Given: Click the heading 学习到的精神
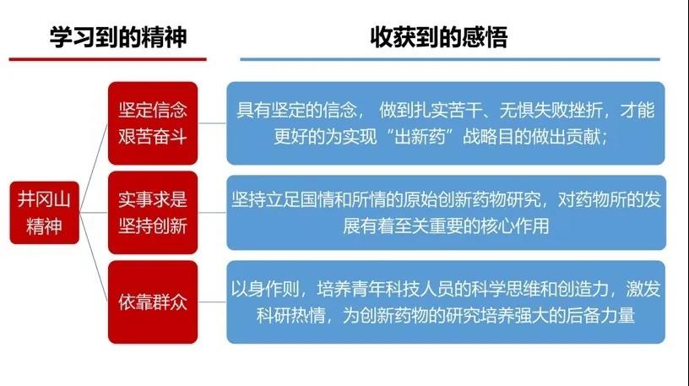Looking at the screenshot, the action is click(x=118, y=37).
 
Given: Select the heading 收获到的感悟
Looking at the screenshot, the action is click(x=439, y=37).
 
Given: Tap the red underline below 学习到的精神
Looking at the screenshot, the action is click(x=108, y=59).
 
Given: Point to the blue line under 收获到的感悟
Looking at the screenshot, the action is click(x=450, y=59).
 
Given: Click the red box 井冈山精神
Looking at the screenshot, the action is click(x=45, y=212).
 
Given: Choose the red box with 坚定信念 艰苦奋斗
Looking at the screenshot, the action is click(x=153, y=123).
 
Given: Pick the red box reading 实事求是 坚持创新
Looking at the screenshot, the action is click(x=153, y=213).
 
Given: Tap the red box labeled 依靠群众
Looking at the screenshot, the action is click(x=153, y=302).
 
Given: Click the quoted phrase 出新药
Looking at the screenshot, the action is click(x=420, y=137).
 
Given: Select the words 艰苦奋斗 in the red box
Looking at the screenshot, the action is click(x=153, y=136).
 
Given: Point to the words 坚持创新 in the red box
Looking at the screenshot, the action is click(x=153, y=226).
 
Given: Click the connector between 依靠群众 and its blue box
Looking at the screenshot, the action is click(x=212, y=302).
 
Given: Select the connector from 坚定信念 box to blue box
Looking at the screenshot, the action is click(x=212, y=123).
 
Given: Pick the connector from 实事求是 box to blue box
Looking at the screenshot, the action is click(x=212, y=213).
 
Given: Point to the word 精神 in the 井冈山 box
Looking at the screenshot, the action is click(x=44, y=226).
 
